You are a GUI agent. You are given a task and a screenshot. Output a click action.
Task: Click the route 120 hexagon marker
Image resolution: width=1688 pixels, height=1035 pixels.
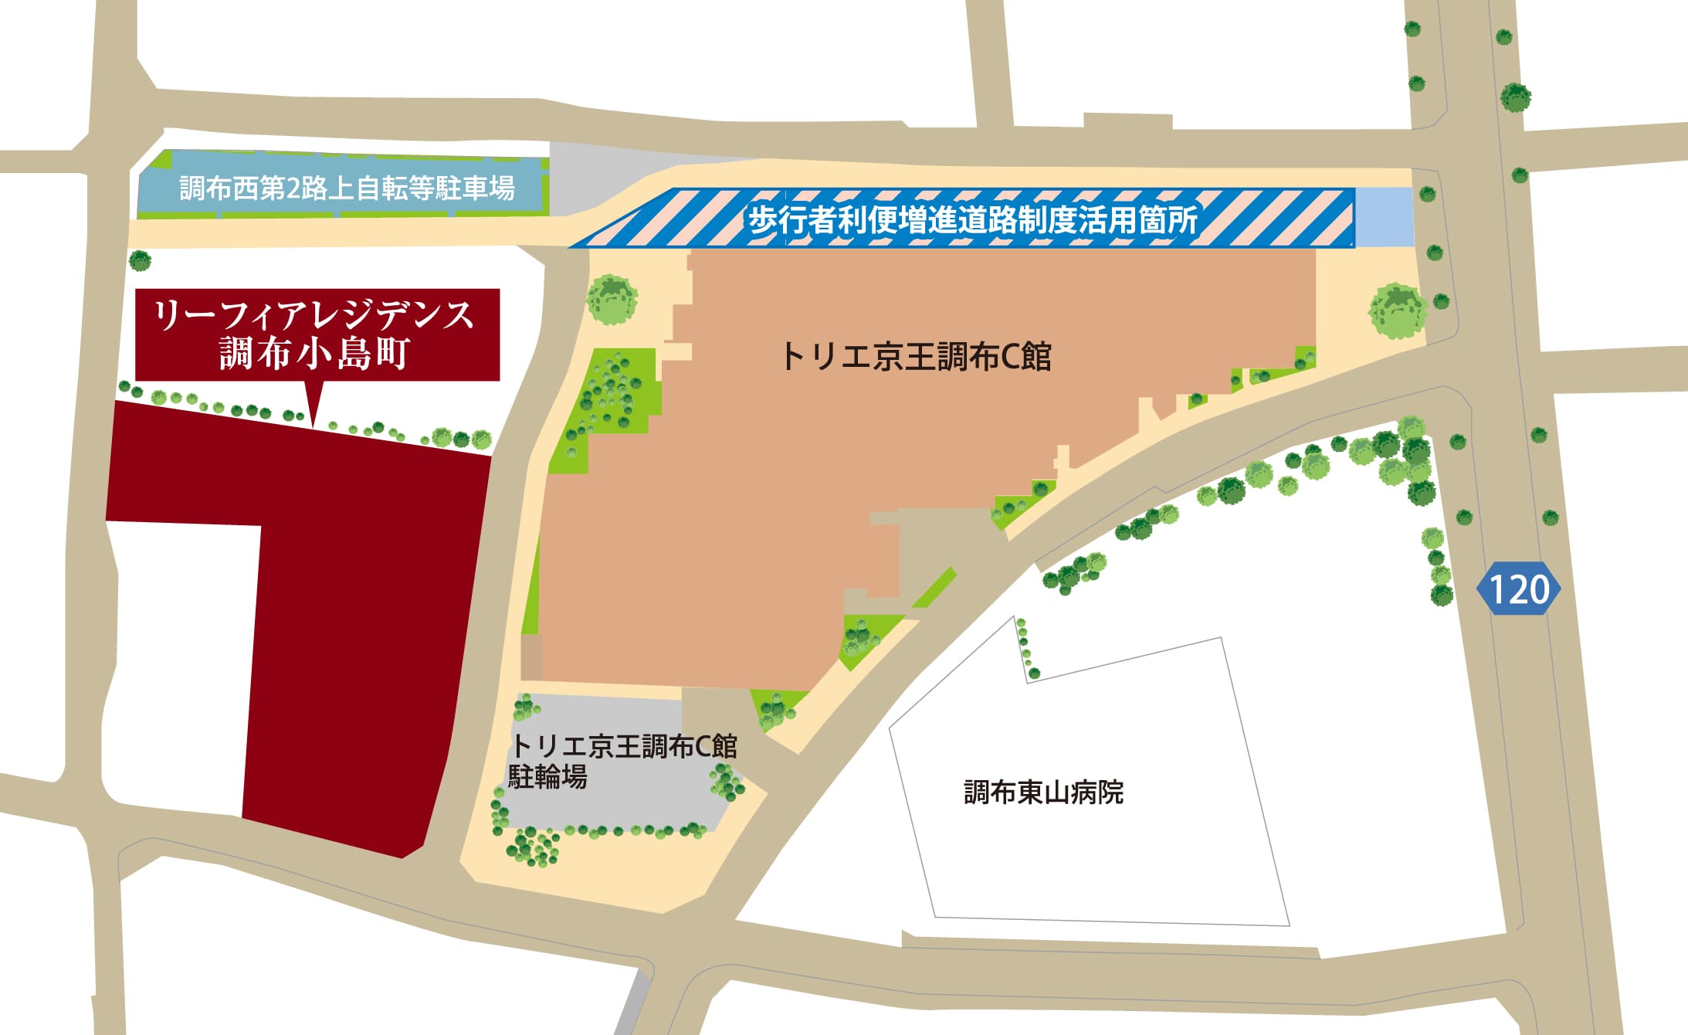click(x=1518, y=589)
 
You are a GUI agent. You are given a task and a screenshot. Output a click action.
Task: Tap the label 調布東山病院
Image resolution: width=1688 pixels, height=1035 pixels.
click(x=1043, y=792)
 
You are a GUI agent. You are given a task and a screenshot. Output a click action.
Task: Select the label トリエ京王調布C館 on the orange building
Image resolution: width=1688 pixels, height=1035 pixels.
click(x=916, y=357)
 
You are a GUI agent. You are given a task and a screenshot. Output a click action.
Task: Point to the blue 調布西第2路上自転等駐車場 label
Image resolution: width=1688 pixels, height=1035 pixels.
click(x=347, y=188)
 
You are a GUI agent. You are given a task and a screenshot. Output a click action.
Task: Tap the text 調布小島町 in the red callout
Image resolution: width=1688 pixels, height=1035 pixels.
click(x=314, y=354)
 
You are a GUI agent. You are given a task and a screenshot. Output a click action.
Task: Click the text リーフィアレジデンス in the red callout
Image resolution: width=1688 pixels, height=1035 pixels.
click(x=314, y=315)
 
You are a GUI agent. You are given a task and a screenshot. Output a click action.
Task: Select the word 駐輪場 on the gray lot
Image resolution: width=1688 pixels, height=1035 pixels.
click(x=547, y=776)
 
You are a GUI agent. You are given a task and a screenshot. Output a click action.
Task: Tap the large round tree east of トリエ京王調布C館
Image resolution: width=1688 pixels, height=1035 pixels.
click(x=1397, y=311)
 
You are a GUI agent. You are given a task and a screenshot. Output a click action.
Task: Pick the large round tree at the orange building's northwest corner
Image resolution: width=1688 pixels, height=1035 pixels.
click(x=612, y=300)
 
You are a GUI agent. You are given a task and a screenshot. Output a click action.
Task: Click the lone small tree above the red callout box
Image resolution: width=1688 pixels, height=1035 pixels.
click(x=140, y=260)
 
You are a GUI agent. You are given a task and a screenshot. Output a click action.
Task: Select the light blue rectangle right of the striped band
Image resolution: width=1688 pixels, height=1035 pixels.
click(x=1384, y=217)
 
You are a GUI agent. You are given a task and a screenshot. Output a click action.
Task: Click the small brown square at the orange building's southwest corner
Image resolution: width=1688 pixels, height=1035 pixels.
click(x=531, y=657)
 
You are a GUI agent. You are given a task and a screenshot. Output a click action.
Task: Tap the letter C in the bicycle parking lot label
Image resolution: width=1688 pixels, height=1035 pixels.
click(x=702, y=747)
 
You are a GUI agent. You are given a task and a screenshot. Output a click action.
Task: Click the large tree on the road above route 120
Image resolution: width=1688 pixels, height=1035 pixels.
click(x=1515, y=97)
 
